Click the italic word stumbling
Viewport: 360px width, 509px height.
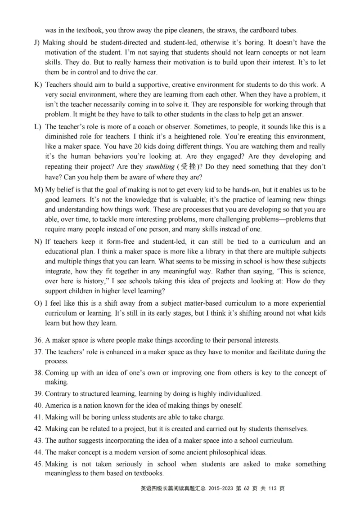pos(162,166)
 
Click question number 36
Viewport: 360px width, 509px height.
pos(38,340)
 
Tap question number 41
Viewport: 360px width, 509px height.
pos(38,417)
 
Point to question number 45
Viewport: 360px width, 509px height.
pos(38,464)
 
